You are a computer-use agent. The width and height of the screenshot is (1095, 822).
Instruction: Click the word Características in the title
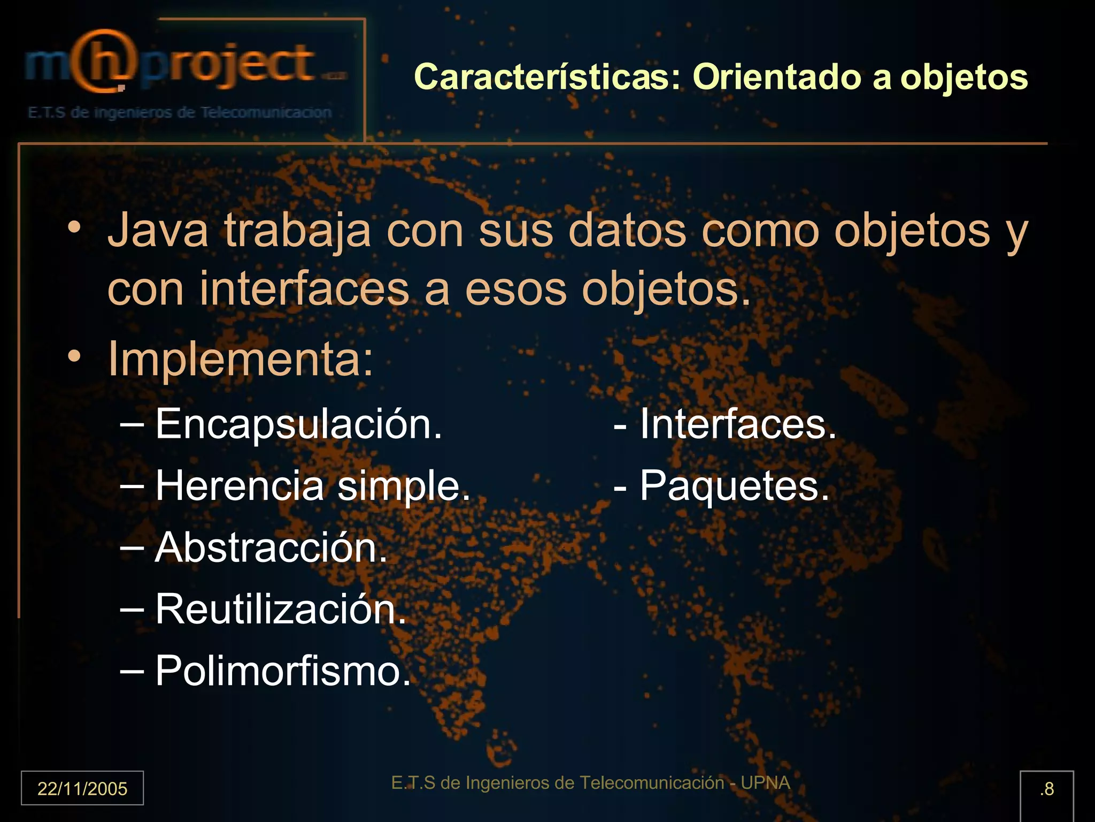point(546,77)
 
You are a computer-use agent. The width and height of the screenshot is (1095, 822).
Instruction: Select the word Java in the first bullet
point(158,230)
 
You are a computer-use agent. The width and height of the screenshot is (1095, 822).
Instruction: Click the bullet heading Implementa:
point(241,359)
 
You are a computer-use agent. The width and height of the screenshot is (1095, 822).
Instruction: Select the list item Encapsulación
point(298,424)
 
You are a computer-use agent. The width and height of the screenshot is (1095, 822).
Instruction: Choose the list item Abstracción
point(271,548)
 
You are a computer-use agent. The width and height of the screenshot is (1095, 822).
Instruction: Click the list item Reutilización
point(281,610)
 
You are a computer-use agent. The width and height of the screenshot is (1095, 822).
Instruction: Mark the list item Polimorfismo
point(283,671)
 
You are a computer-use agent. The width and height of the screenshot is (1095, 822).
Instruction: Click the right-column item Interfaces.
point(737,424)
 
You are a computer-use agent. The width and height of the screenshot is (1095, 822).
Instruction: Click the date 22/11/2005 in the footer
point(82,789)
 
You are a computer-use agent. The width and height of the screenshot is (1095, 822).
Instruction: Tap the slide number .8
point(1047,789)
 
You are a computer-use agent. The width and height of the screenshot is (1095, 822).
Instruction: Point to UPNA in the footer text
point(765,783)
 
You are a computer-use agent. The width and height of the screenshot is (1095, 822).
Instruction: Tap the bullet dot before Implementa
point(75,356)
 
